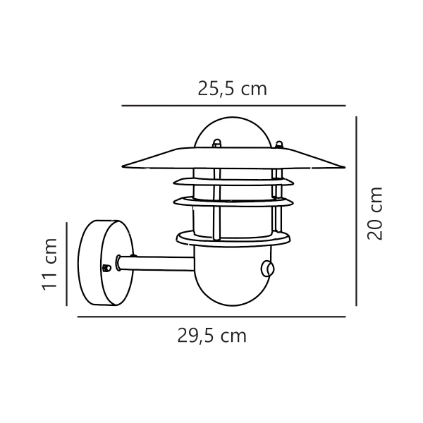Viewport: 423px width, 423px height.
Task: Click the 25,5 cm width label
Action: [232, 89]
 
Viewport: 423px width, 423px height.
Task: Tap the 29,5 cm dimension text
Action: [211, 336]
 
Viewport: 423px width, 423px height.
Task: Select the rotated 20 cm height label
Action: [376, 213]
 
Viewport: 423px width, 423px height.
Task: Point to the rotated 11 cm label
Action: [49, 264]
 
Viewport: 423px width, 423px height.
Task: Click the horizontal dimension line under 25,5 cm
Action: [233, 106]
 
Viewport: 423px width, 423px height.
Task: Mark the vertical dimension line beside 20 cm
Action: [357, 211]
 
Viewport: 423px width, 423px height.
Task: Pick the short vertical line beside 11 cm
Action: [66, 264]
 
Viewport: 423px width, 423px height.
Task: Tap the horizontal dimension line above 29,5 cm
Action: [211, 317]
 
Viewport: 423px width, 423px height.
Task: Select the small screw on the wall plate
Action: [106, 268]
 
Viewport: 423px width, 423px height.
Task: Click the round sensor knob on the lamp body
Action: [268, 268]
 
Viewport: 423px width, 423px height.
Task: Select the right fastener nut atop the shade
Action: [280, 146]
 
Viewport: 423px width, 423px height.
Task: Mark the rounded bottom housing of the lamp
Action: [233, 278]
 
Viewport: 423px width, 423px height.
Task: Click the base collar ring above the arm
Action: [233, 238]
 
